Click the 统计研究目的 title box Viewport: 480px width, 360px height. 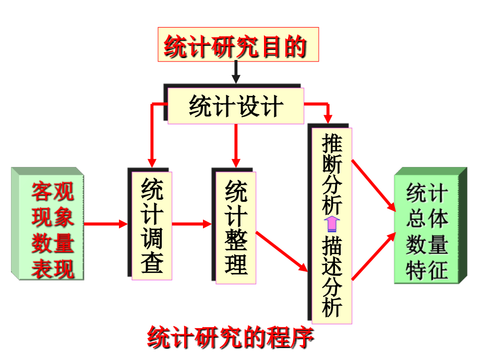(x=238, y=45)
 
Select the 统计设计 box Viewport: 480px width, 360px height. (x=236, y=106)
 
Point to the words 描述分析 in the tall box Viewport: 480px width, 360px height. (x=332, y=277)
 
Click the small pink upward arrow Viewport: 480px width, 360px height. (x=332, y=225)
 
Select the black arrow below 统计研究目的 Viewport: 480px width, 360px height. (x=236, y=73)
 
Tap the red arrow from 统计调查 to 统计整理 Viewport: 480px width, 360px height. (x=191, y=224)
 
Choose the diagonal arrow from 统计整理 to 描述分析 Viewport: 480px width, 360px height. (x=282, y=251)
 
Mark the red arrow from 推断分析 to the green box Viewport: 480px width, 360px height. (x=374, y=186)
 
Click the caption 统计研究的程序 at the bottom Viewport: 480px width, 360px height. (x=231, y=338)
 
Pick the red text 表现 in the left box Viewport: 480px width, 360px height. (x=52, y=269)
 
